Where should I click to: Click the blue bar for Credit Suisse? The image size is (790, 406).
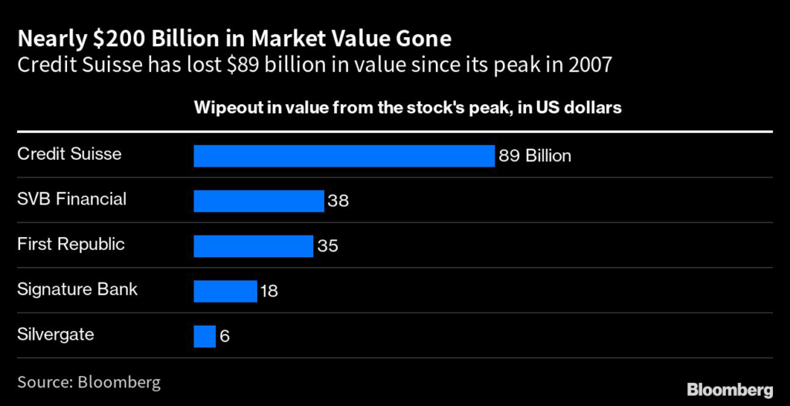coord(343,156)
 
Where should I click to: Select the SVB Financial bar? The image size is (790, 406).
coord(258,201)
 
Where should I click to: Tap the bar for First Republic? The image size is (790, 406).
coord(253,246)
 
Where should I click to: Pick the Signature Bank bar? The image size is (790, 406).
coord(225,291)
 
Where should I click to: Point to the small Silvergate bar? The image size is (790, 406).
coord(204,337)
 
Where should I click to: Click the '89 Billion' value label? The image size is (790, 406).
coord(535,156)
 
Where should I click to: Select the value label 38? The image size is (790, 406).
coord(338,201)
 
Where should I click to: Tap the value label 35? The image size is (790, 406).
coord(327,246)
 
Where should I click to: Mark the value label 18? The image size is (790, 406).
coord(268,292)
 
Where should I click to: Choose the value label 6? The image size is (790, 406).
coord(225,337)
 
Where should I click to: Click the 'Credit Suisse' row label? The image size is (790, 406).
coord(69,154)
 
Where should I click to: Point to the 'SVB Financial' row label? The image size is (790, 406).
coord(72,199)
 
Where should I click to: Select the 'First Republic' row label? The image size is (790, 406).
coord(71,245)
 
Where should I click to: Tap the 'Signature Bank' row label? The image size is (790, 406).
coord(77,290)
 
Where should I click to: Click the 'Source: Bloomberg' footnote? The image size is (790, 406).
coord(89,381)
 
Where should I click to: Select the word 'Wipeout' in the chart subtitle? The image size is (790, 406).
coord(226,108)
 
